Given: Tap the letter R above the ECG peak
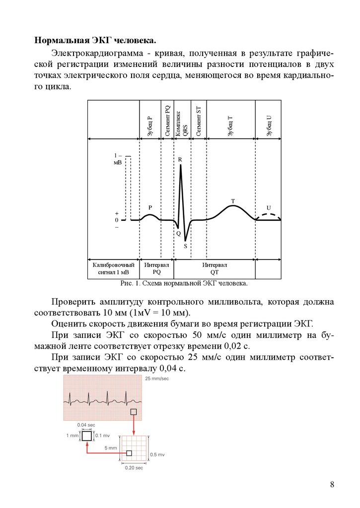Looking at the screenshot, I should (180, 159).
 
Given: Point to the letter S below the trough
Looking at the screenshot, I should (185, 246).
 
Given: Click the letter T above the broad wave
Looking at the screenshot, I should (232, 201).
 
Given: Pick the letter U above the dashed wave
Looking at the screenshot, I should (269, 207).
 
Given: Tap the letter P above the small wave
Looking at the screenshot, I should (150, 207).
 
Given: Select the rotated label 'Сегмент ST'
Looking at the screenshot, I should (198, 122).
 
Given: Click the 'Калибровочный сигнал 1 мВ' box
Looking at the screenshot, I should (113, 268).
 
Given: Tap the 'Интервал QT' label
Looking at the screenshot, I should (215, 268).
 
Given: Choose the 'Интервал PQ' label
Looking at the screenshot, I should (156, 268).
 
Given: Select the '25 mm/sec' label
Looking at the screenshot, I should (157, 379).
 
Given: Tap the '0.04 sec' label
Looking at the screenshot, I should (86, 425).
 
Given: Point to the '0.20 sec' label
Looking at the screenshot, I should (134, 468).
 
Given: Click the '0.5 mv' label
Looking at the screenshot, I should (157, 454).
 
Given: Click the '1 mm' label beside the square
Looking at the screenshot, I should (72, 436).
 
